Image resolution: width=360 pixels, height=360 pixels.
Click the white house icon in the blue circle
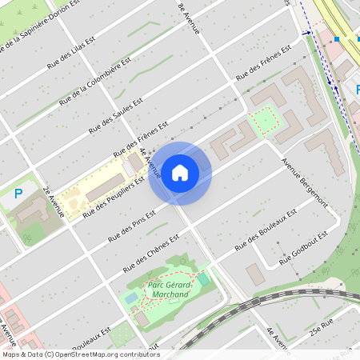pos(180,172)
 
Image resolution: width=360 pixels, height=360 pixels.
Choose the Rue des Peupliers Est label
pos(113,196)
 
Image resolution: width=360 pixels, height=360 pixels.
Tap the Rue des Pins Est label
pos(133,227)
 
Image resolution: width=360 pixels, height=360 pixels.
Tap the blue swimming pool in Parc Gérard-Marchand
pos(131,298)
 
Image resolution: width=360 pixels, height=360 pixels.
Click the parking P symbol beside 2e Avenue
pos(18,193)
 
